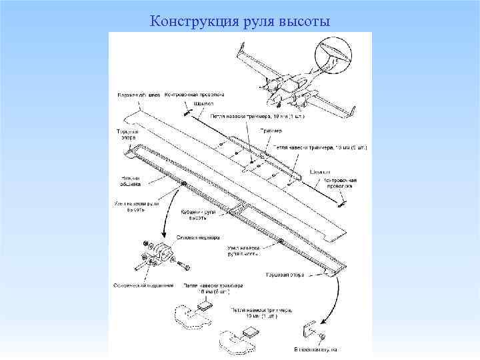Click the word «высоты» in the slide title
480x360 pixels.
[304, 21]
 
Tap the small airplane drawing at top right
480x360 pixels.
[293, 80]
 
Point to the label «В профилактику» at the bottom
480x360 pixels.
[315, 349]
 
